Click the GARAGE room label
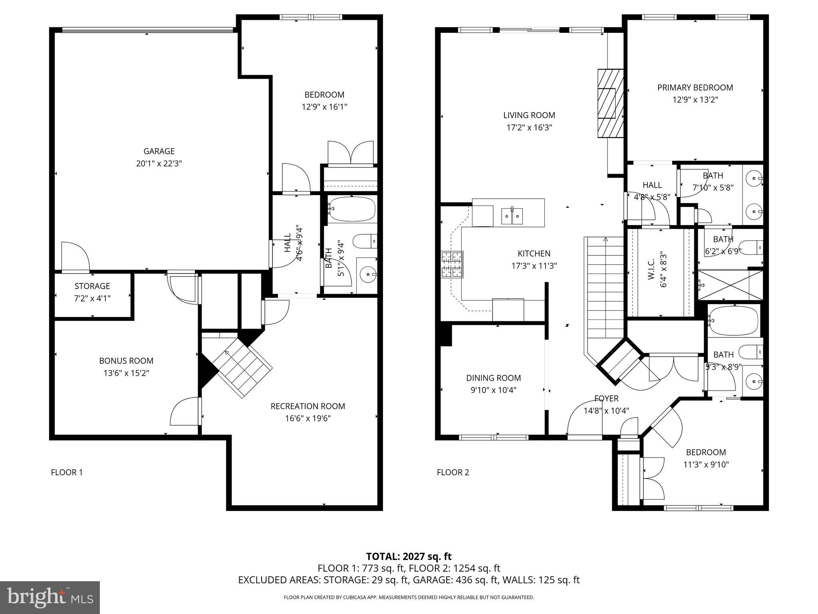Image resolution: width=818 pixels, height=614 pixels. pyautogui.click(x=159, y=151)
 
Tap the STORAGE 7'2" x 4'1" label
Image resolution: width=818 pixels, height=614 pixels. pyautogui.click(x=92, y=292)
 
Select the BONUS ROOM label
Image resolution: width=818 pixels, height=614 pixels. pyautogui.click(x=126, y=361)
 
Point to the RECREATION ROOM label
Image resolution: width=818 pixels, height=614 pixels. pyautogui.click(x=308, y=406)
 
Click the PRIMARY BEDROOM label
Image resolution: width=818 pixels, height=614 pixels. pyautogui.click(x=695, y=88)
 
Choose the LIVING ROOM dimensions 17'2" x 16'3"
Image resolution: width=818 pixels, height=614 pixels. pyautogui.click(x=529, y=128)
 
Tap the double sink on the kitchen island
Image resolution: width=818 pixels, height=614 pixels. pyautogui.click(x=512, y=216)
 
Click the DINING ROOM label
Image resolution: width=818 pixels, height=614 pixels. pyautogui.click(x=493, y=378)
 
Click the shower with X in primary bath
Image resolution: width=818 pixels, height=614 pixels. pyautogui.click(x=723, y=285)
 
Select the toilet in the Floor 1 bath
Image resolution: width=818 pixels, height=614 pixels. pyautogui.click(x=364, y=241)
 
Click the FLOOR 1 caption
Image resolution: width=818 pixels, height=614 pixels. pyautogui.click(x=67, y=472)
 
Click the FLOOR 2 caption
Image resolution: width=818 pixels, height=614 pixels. pyautogui.click(x=453, y=472)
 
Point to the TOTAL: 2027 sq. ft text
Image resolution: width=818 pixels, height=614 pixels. pyautogui.click(x=409, y=556)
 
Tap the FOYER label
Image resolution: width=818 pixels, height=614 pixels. pyautogui.click(x=606, y=399)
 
